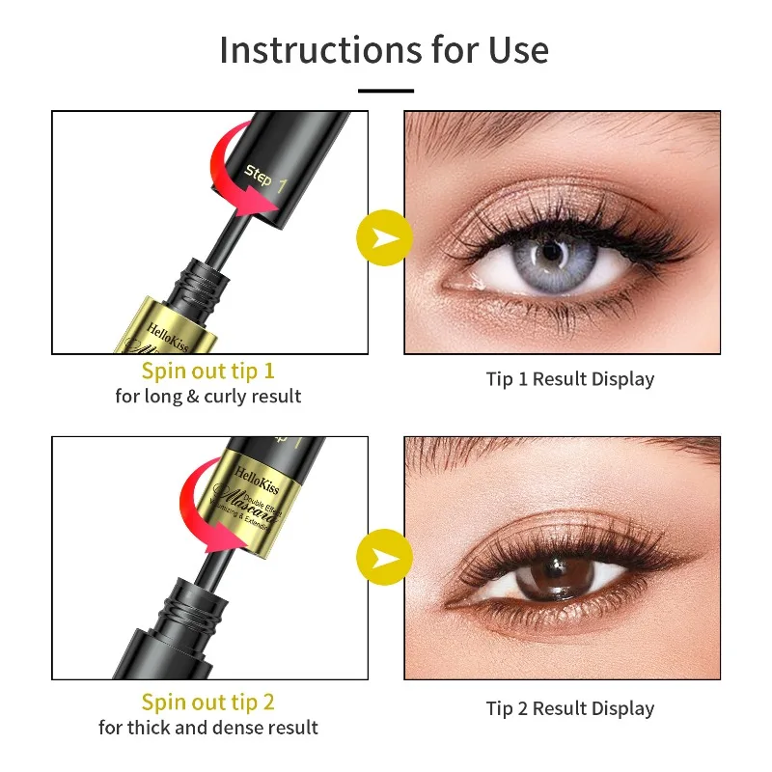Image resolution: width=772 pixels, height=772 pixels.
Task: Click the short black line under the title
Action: [386, 91]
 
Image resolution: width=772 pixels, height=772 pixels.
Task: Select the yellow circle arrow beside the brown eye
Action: [384, 559]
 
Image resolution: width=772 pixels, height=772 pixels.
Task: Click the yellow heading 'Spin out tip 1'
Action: [208, 372]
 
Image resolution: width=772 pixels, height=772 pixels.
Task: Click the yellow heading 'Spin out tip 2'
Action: [208, 702]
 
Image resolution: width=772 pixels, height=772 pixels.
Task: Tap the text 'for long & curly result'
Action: [208, 397]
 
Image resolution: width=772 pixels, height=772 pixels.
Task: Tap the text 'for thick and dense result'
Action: [208, 727]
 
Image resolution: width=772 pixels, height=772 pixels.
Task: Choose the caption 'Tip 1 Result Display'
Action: [569, 379]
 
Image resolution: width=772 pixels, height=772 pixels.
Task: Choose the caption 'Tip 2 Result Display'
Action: [569, 708]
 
